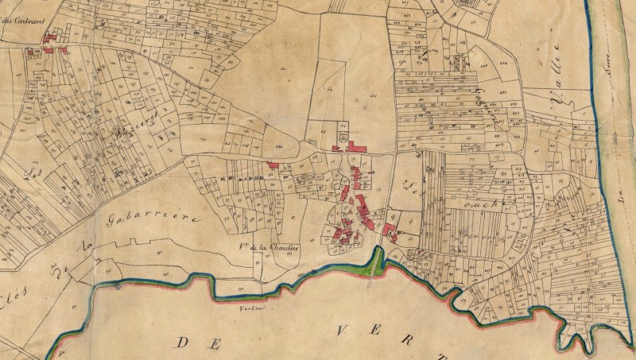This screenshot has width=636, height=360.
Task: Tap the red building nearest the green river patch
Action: point(390,231)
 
